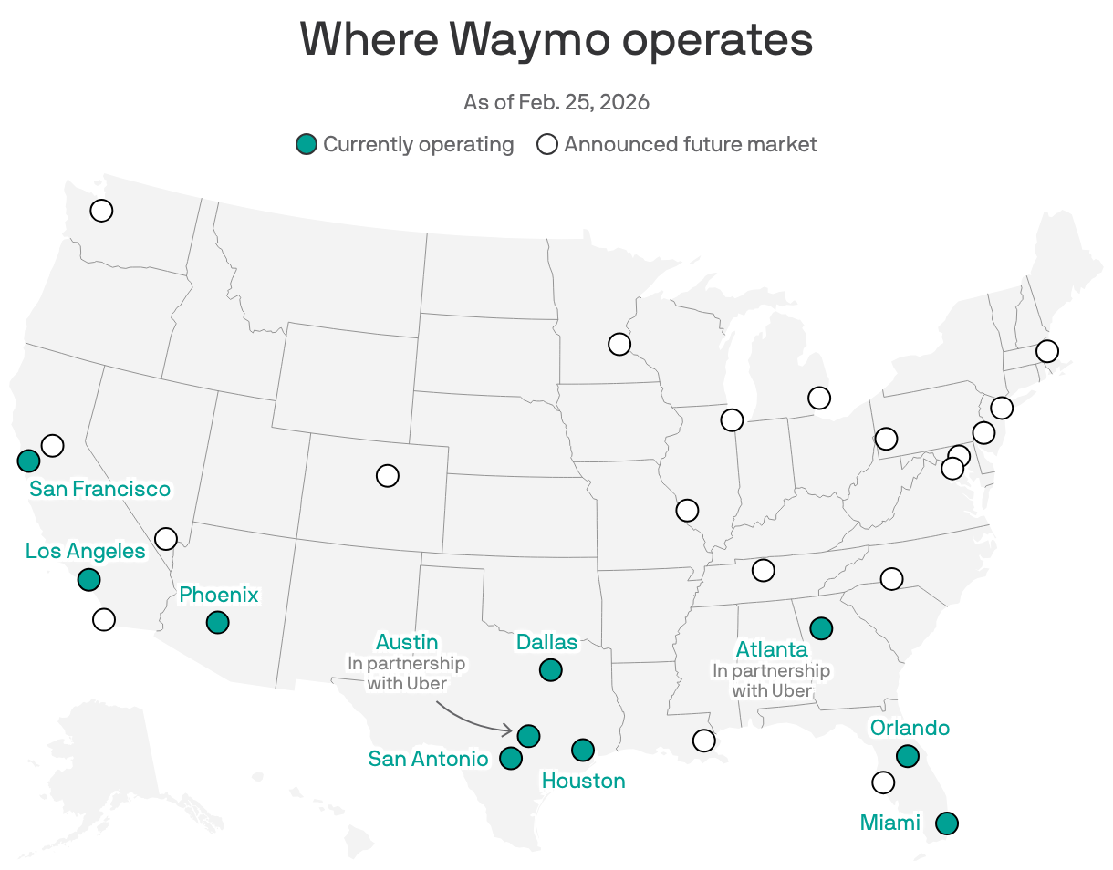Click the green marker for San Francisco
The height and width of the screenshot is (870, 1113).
(x=28, y=461)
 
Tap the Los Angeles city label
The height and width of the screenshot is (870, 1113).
(x=85, y=551)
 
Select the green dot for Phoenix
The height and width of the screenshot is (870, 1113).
(x=217, y=622)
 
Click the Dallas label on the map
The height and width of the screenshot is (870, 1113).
(x=546, y=642)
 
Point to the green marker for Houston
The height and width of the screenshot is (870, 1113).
(x=583, y=750)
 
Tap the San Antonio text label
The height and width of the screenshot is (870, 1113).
(x=428, y=758)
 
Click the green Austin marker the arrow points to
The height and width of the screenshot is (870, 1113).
(x=528, y=735)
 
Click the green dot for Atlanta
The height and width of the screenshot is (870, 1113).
(x=821, y=627)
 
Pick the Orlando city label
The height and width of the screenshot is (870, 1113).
(x=910, y=728)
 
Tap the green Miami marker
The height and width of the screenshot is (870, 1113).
(x=948, y=823)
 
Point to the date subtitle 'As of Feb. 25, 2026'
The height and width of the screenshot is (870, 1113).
(x=556, y=101)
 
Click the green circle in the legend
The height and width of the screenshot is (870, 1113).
(x=307, y=144)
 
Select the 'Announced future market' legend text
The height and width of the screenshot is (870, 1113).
(x=690, y=144)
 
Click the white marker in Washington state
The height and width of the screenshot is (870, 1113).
(x=101, y=211)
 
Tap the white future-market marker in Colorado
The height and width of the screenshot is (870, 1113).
(x=388, y=475)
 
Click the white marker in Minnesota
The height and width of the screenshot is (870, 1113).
(x=619, y=344)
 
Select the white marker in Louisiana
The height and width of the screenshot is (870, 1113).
(x=703, y=740)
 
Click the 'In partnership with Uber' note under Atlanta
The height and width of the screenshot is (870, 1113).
(x=772, y=680)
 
